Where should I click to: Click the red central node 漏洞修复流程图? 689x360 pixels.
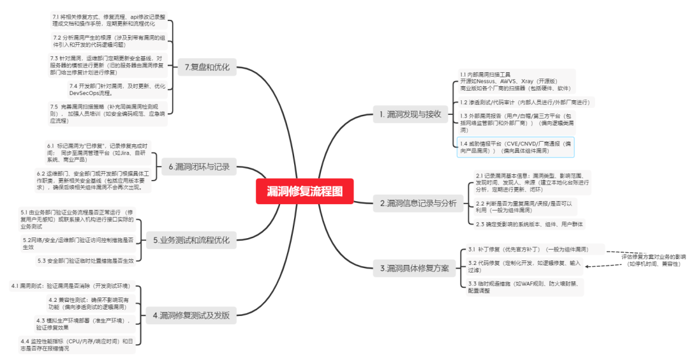305,191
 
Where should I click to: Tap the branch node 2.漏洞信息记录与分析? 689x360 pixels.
419,204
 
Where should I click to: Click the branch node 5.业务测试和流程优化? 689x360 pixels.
191,241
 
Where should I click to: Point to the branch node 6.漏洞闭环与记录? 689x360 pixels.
198,168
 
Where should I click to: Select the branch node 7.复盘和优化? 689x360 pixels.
207,66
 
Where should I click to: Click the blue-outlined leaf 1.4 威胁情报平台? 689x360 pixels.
516,147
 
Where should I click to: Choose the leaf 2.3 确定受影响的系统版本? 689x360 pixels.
529,224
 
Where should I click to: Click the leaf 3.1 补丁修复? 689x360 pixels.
528,249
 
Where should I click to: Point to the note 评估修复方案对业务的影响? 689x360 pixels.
653,259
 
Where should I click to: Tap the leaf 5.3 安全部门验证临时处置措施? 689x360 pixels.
85,260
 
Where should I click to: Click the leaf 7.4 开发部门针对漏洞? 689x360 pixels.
117,90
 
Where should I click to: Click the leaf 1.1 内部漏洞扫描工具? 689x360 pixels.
515,82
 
